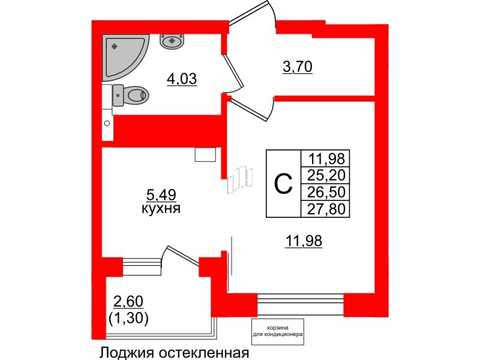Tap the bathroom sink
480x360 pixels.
pyautogui.click(x=172, y=41)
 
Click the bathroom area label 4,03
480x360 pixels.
pyautogui.click(x=182, y=79)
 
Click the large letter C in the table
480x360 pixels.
pyautogui.click(x=283, y=183)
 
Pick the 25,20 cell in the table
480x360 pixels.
pyautogui.click(x=328, y=176)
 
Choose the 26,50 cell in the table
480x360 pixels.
pyautogui.click(x=328, y=193)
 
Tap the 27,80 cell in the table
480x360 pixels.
pyautogui.click(x=328, y=209)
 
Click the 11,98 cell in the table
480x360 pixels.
pyautogui.click(x=328, y=159)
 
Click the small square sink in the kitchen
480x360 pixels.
pyautogui.click(x=205, y=155)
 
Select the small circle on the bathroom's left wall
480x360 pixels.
pyautogui.click(x=107, y=123)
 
